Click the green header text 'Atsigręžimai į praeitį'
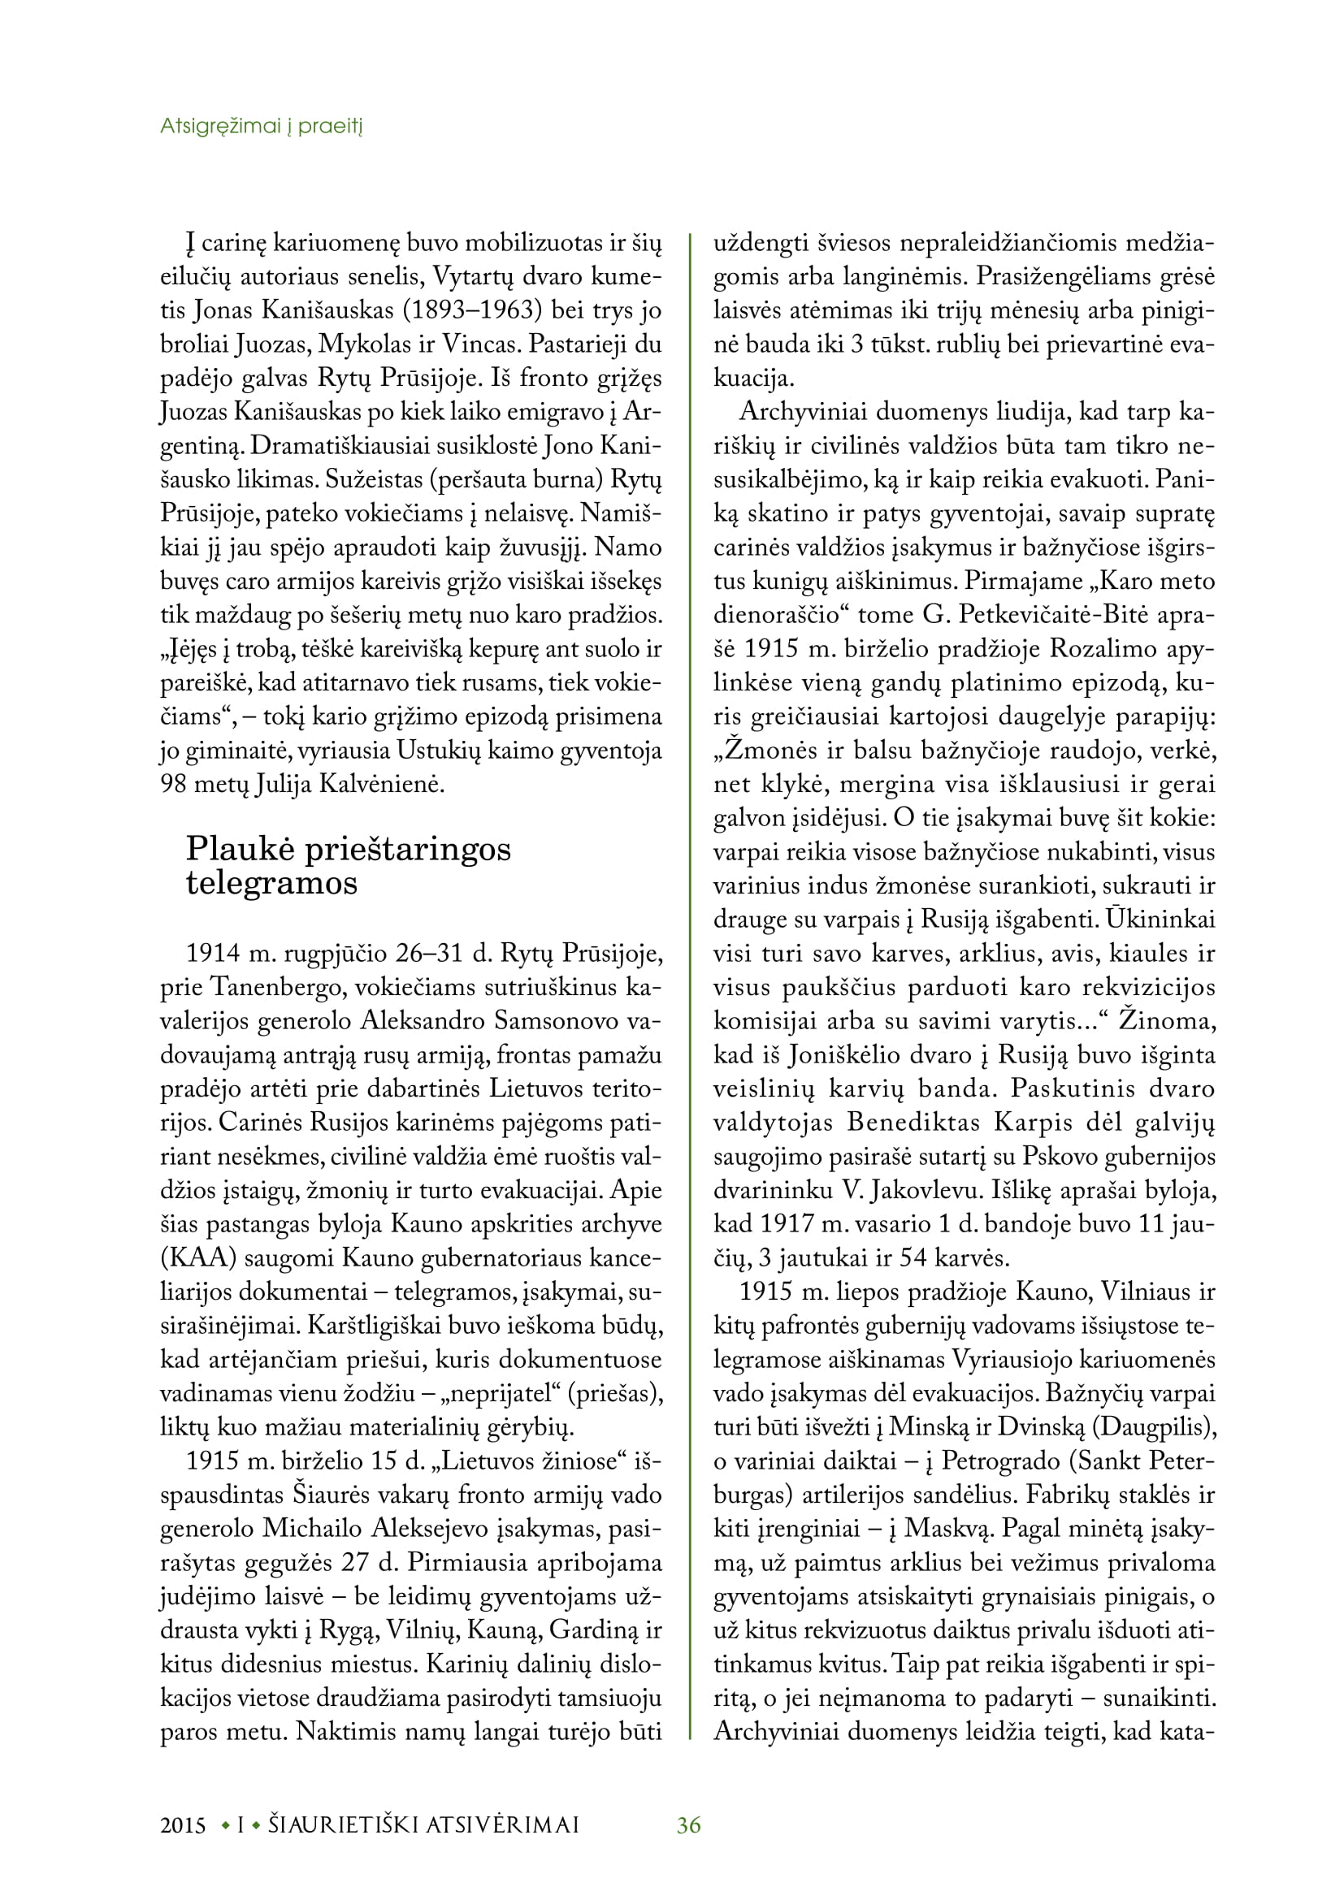coord(261,127)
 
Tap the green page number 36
coord(688,1824)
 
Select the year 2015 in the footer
coord(183,1825)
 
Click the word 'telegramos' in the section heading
coord(271,883)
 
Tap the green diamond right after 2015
coord(224,1825)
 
